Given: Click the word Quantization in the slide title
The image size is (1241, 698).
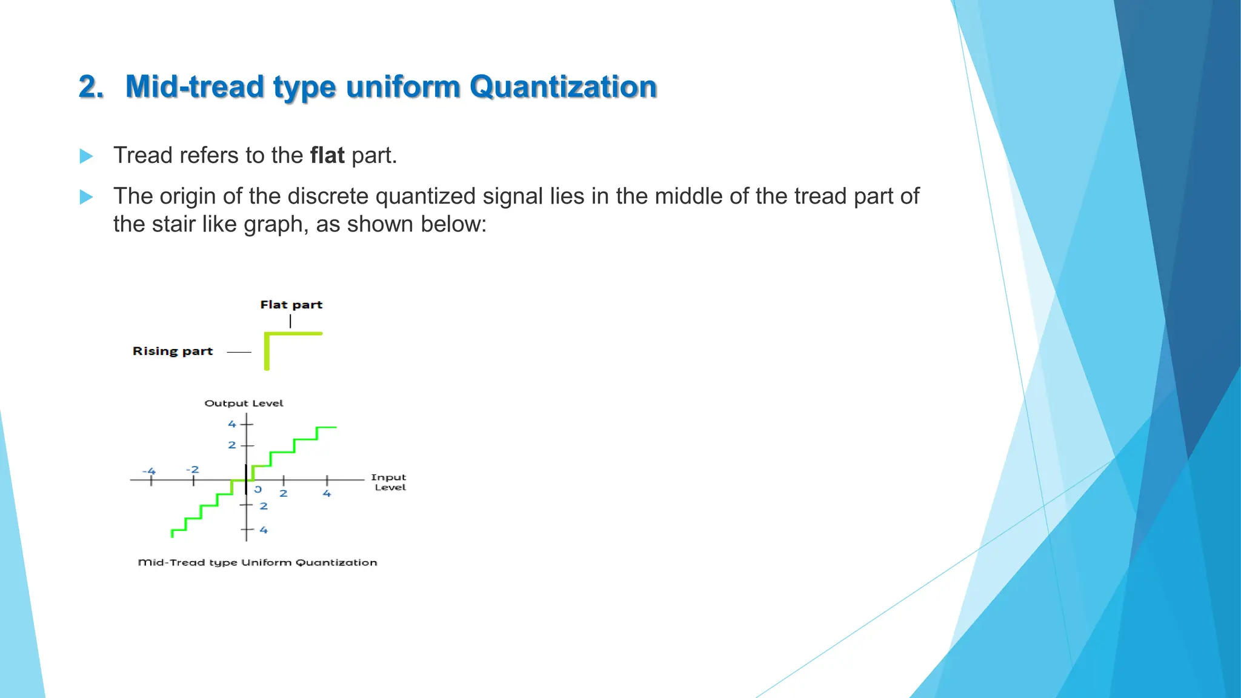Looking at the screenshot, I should tap(563, 87).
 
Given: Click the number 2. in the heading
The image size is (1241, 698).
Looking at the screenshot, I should tap(91, 87).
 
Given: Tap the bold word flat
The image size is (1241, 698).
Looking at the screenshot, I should tap(327, 156).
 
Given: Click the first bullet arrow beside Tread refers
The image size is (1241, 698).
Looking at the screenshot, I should tap(87, 156).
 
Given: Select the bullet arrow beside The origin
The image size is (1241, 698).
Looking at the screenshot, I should tap(87, 197).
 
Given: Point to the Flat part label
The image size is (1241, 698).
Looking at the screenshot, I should tap(291, 305).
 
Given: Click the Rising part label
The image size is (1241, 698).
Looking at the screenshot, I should tap(173, 351).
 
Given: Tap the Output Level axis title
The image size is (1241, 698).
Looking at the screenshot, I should tap(244, 404).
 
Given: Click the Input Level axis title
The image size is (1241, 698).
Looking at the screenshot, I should tap(389, 482).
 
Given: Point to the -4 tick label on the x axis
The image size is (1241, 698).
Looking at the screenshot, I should tap(149, 471).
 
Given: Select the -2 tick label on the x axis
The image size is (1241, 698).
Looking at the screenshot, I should tap(192, 470).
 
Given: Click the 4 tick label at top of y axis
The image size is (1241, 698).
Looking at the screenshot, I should tap(232, 424).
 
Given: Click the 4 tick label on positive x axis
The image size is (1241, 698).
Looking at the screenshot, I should tap(327, 494).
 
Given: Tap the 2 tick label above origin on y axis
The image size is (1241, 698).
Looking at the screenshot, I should tap(232, 445).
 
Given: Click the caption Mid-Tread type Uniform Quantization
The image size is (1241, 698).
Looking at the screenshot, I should tap(258, 563).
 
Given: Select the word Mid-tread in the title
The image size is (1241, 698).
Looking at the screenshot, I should tap(195, 87).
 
